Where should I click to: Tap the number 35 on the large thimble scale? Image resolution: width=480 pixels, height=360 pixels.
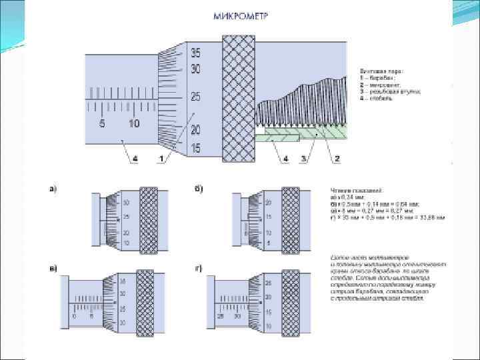[x=195, y=52]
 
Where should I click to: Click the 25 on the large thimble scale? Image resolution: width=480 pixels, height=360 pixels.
[x=195, y=97]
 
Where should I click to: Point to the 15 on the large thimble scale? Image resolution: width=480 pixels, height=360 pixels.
[x=195, y=148]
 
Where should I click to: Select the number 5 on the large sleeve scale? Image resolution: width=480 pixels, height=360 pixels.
[x=103, y=124]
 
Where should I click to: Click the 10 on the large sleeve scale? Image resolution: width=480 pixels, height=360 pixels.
[x=133, y=124]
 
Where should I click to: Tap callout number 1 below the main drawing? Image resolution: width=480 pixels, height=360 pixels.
[x=161, y=158]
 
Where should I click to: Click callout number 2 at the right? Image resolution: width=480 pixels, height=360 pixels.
[x=337, y=158]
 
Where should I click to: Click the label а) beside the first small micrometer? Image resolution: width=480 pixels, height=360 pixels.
[x=53, y=189]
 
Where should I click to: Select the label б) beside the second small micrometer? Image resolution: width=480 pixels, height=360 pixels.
[x=197, y=189]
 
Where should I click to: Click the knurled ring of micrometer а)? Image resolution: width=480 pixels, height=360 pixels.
[x=149, y=220]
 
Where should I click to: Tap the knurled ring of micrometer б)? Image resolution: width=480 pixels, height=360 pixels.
[x=291, y=220]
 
